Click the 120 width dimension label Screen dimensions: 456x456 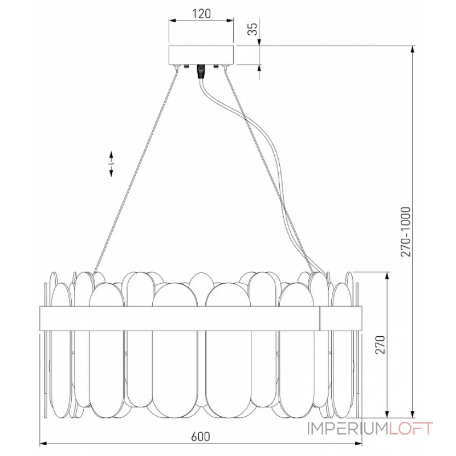202,14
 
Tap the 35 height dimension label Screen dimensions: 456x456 253,29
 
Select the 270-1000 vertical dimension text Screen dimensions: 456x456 406,232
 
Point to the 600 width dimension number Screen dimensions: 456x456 201,437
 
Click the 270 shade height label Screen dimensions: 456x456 380,345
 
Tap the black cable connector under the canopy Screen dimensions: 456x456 201,72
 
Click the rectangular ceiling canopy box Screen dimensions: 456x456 201,55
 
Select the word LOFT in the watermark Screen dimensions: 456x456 410,429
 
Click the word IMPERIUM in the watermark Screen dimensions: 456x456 348,429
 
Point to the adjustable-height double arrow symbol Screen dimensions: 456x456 111,164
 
